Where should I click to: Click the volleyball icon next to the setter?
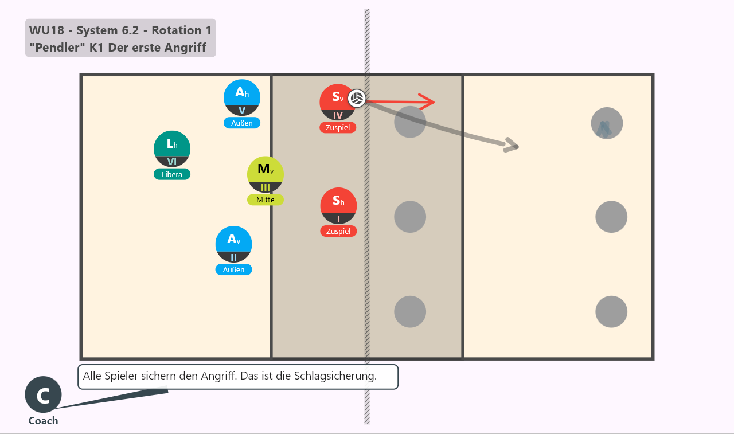coord(357,98)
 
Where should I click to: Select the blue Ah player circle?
coord(242,97)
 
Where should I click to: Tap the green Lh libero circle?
coord(171,148)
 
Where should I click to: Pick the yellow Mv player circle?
coord(265,174)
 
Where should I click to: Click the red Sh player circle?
coord(338,206)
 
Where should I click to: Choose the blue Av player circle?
coord(233,244)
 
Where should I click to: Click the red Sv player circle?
coord(338,102)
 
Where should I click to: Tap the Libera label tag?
coord(171,174)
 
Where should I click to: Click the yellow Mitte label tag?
coord(265,200)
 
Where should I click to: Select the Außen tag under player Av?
coord(233,269)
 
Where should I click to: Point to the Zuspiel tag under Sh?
coord(338,231)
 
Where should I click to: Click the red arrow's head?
coord(433,102)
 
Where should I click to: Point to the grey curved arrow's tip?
coord(518,147)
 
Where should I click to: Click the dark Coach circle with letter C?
coord(43,394)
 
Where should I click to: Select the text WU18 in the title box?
coord(46,30)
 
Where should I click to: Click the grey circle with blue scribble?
coord(607,123)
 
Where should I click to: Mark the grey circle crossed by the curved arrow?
coord(410,122)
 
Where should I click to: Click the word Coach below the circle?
coord(43,421)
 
